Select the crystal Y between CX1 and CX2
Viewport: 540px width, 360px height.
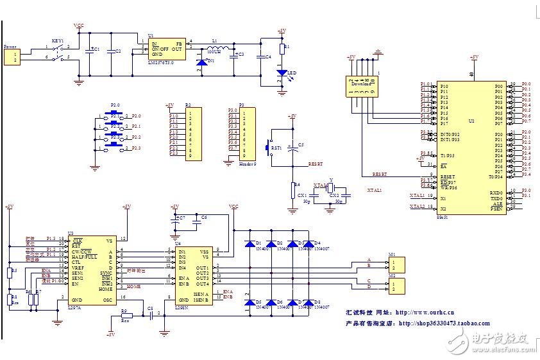[x=330, y=187]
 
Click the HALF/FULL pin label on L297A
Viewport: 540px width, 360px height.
[x=84, y=257]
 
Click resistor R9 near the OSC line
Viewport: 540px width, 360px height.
[x=126, y=316]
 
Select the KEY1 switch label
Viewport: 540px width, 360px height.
[x=57, y=40]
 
